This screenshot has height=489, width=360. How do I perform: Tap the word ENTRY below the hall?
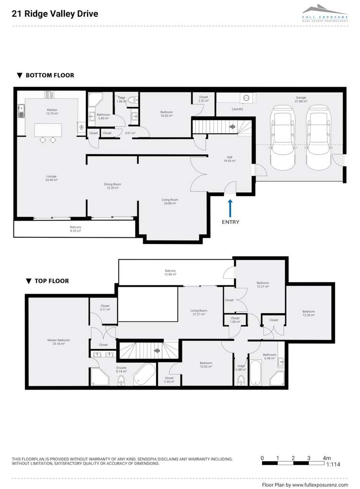(230, 222)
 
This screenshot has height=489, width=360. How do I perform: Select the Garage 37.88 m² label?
(300, 99)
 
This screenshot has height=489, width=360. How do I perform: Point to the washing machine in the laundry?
(246, 98)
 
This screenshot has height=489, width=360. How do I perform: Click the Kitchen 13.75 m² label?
(51, 111)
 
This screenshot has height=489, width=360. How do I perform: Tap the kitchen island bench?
(48, 130)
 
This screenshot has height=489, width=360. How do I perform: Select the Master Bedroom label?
(56, 342)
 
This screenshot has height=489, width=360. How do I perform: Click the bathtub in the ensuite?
(144, 374)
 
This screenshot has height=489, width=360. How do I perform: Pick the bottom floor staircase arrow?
(232, 127)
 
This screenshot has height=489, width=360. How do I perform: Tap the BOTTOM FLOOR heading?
(46, 75)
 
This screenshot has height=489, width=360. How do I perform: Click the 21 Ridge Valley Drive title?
(55, 14)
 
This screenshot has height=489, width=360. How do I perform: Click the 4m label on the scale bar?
(327, 458)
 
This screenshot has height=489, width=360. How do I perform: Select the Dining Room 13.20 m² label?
(112, 186)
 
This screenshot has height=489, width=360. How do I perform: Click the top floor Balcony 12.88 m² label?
(170, 272)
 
